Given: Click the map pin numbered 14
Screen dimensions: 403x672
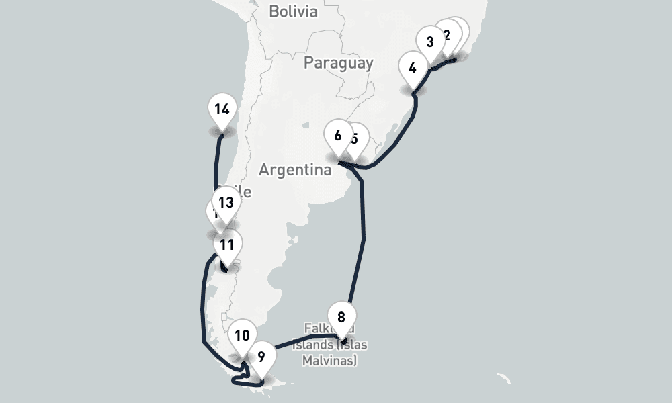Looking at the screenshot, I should [x=222, y=109].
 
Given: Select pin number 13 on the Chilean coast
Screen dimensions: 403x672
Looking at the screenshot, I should [x=226, y=203].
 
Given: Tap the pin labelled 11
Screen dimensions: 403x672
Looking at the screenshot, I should [x=227, y=245].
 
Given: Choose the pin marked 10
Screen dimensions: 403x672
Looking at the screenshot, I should [x=242, y=335].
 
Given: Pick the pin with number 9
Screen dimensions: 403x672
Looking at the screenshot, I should [x=261, y=357].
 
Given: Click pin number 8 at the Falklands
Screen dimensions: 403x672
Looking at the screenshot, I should [x=341, y=316].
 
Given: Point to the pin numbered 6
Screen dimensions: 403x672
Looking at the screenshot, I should [x=337, y=136].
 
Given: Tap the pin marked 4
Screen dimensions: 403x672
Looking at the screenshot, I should [x=413, y=68].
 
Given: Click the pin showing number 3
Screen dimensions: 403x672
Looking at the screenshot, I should [x=430, y=42].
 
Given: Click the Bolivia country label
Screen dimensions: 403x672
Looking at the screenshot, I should [x=292, y=11].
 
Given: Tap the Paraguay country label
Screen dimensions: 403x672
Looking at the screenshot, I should [x=338, y=63].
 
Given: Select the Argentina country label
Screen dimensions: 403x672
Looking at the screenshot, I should [x=295, y=170].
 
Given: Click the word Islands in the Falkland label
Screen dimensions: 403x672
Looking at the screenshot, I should [x=316, y=345].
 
